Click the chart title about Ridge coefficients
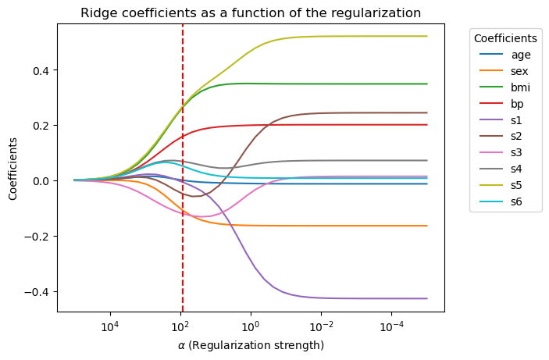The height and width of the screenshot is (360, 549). [251, 13]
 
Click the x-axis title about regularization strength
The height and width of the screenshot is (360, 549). [251, 345]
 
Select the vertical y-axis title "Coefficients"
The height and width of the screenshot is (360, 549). [13, 168]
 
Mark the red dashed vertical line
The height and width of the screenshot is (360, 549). [183, 234]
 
